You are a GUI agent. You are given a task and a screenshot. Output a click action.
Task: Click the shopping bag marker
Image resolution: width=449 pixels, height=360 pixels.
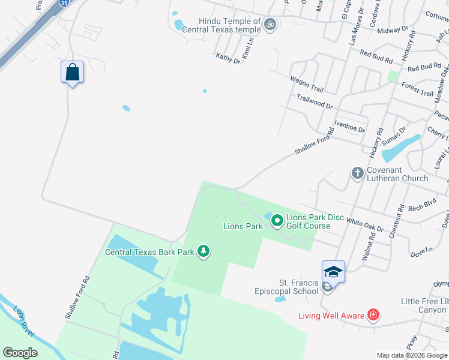(x=72, y=72)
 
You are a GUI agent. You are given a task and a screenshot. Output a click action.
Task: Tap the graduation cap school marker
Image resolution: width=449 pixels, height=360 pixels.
(x=333, y=272)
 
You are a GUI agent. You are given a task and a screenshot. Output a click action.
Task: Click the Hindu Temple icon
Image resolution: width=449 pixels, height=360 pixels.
(x=271, y=24)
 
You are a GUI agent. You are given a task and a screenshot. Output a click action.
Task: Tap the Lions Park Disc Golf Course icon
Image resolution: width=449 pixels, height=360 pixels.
(x=277, y=221)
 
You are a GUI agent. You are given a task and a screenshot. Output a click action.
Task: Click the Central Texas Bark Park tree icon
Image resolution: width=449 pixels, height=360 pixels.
(x=203, y=251)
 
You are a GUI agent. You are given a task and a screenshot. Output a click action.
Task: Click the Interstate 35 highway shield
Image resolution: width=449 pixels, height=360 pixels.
(x=64, y=2)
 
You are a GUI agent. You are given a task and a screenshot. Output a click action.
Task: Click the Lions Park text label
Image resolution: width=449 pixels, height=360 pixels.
(x=243, y=226)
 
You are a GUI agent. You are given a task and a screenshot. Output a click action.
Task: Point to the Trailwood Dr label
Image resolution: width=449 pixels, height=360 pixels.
(x=314, y=101)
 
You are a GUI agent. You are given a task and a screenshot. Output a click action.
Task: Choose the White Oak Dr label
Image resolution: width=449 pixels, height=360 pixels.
(x=364, y=224)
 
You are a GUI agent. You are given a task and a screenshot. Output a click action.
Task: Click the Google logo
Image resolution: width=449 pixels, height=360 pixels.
(x=20, y=353)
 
